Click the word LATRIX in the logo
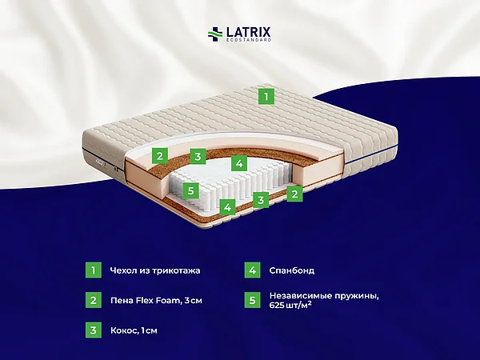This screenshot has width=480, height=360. tap(248, 32)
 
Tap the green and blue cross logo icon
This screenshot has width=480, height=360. tap(215, 34)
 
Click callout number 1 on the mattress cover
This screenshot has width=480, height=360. tap(266, 97)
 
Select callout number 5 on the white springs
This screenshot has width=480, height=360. tap(190, 190)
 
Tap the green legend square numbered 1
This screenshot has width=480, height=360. tap(93, 270)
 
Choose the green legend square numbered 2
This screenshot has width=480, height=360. tap(93, 300)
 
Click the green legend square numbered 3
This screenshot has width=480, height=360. tap(93, 330)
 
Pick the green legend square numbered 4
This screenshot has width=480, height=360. tap(252, 270)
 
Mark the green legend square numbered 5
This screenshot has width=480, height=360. tap(252, 300)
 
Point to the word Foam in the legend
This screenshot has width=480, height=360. tap(167, 300)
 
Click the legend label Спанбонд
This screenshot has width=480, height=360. tap(292, 270)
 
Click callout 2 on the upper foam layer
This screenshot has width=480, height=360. tap(160, 155)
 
